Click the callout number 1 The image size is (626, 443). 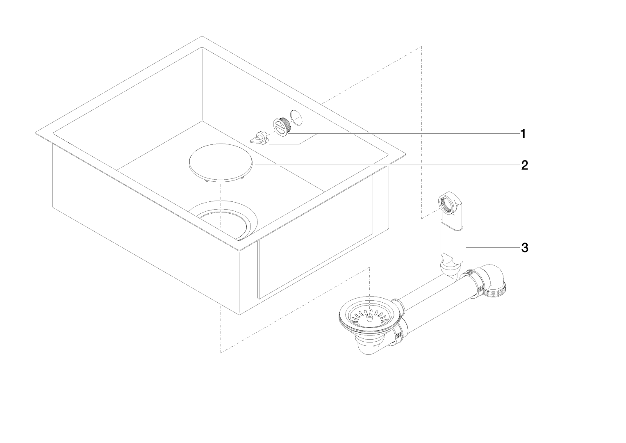(523, 134)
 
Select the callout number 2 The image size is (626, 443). (524, 165)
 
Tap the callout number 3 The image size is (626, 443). (524, 247)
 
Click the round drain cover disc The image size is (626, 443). (220, 161)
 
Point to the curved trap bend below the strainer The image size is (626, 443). (371, 347)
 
